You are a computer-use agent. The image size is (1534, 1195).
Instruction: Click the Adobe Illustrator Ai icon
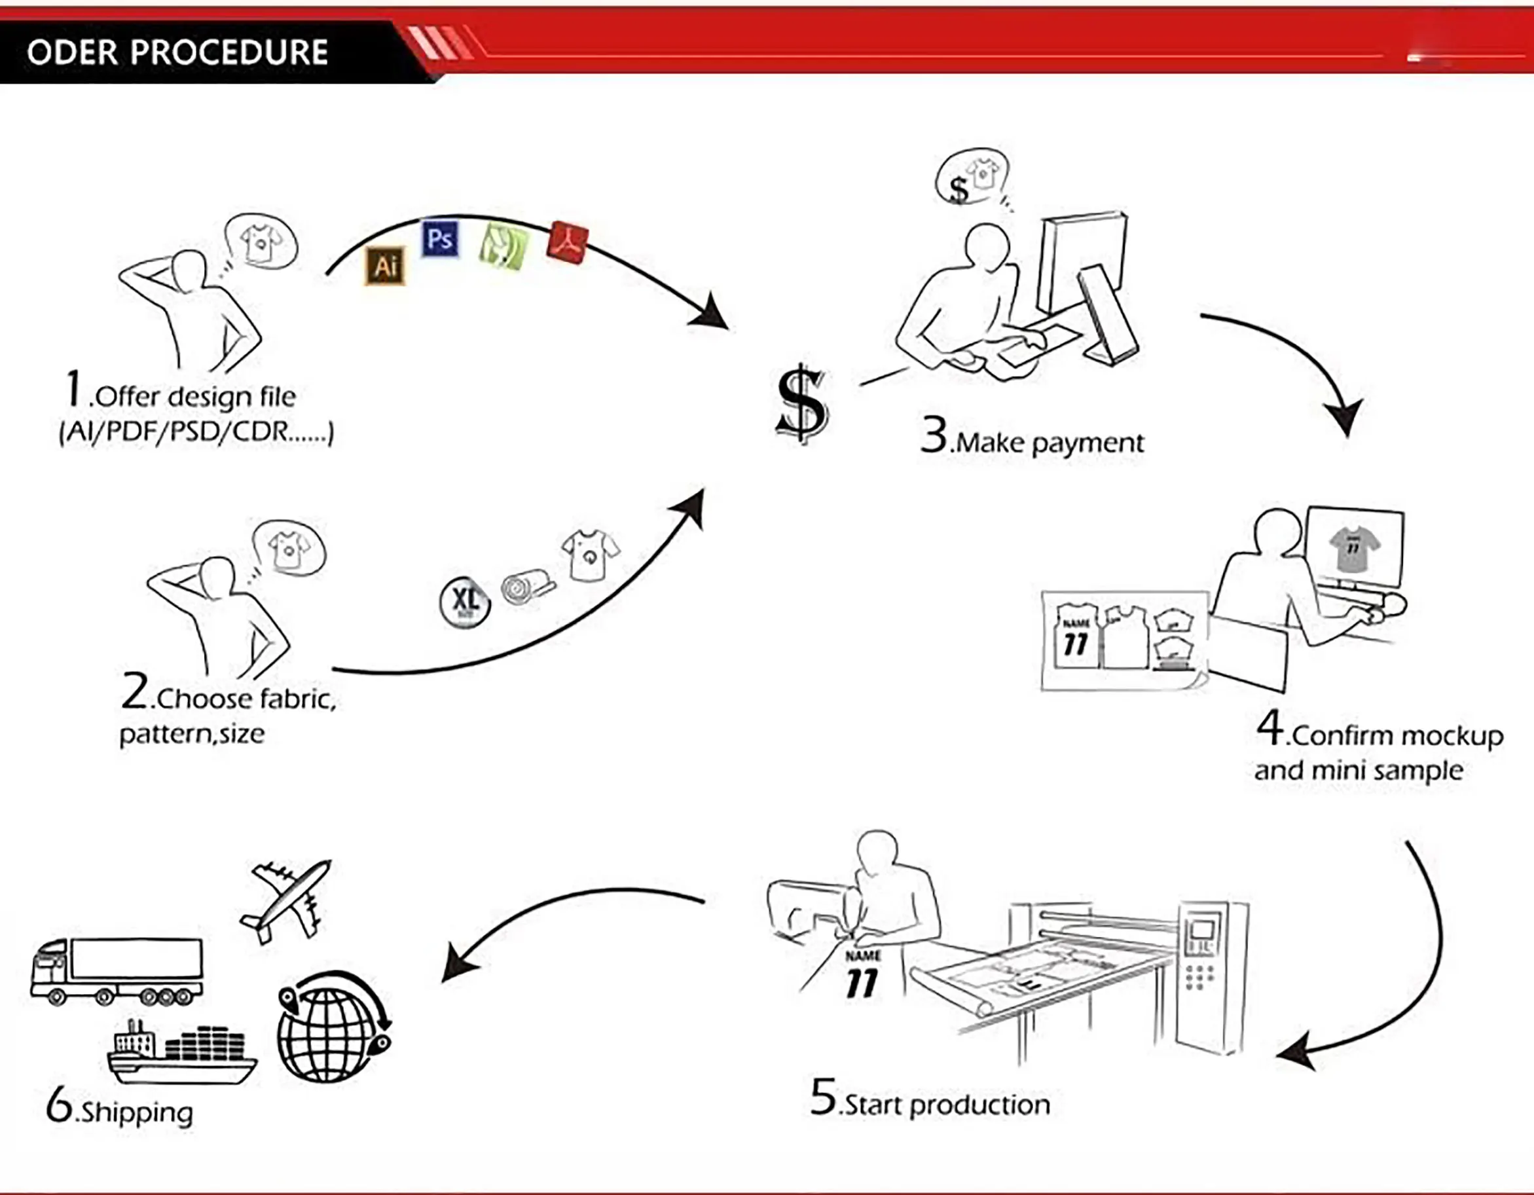(385, 266)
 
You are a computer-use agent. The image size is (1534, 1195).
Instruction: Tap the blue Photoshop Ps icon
(440, 239)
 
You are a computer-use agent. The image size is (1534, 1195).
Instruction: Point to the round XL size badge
(464, 602)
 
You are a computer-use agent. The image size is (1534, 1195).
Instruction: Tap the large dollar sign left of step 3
(802, 404)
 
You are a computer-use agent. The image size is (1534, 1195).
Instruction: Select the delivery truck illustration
(117, 972)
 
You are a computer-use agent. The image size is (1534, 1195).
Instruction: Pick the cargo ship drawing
(182, 1054)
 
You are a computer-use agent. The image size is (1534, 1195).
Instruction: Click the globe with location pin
(333, 1027)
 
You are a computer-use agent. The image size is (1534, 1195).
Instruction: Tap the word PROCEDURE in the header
(229, 52)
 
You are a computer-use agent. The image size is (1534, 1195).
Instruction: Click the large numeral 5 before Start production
(823, 1097)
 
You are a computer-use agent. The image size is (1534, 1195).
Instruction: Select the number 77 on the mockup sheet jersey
(1075, 644)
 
